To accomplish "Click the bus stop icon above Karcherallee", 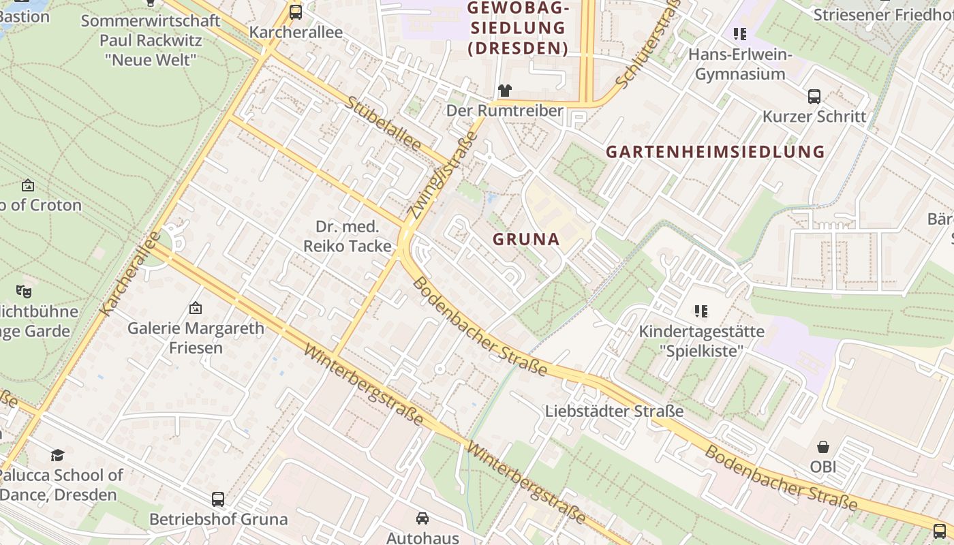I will (296, 12).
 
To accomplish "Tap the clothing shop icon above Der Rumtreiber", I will (504, 90).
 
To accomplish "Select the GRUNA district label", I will (525, 239).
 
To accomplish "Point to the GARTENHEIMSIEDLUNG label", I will (715, 152).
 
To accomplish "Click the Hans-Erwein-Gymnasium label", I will (740, 64).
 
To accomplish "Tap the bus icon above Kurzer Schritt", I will (814, 96).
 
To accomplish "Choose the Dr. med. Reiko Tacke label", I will (348, 236).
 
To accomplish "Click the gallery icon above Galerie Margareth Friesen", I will (196, 308).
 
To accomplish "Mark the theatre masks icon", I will (24, 292).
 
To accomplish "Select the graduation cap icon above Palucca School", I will (57, 454).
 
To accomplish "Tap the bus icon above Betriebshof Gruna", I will (218, 499).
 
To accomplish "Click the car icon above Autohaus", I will (422, 518).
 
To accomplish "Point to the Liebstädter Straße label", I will (614, 411).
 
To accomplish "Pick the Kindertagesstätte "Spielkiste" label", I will (701, 341).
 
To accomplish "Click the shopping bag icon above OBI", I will (823, 447).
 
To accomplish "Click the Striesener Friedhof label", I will (883, 14).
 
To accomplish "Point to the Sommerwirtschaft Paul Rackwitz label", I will (151, 40).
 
